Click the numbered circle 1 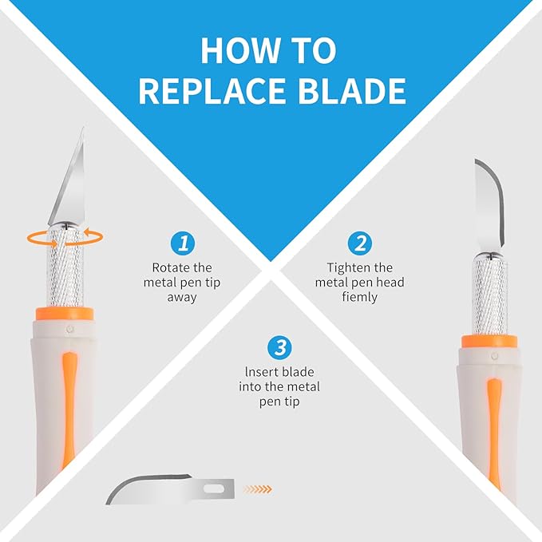click(183, 243)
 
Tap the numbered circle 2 click(360, 243)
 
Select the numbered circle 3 click(279, 348)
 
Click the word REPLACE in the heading click(212, 90)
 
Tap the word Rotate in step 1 click(168, 267)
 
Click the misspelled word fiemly click(359, 297)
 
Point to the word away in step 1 click(182, 298)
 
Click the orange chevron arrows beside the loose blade click(258, 489)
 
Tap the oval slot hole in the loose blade click(214, 489)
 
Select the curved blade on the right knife click(490, 205)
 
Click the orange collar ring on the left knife click(65, 314)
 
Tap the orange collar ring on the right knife click(489, 341)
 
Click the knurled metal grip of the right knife click(489, 295)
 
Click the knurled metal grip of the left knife click(65, 265)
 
